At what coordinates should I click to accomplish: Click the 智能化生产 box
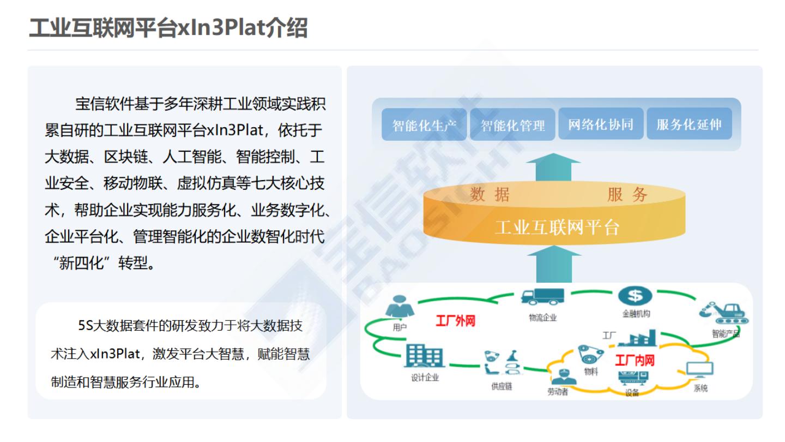pos(424,125)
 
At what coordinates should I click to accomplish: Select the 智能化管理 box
pos(512,125)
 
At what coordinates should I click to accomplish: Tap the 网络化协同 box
pos(601,124)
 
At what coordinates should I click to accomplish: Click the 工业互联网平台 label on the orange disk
pos(557,227)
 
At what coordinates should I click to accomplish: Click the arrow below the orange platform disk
pos(553,264)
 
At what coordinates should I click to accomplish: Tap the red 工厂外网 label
pos(455,320)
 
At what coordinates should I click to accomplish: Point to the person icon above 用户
pos(400,308)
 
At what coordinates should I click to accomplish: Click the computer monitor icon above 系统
pos(700,371)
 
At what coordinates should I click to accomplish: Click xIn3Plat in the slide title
pos(221,28)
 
